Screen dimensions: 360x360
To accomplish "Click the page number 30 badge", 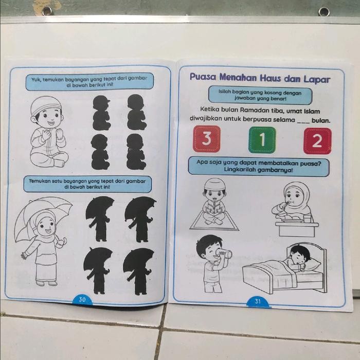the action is [x=82, y=299].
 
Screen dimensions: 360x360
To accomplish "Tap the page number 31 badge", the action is [x=258, y=301].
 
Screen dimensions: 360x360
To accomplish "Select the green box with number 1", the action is [x=262, y=139].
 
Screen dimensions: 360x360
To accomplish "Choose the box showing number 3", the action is [x=207, y=139].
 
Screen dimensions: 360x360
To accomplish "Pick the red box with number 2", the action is [x=317, y=141].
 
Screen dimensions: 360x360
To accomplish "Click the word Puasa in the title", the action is [x=203, y=77].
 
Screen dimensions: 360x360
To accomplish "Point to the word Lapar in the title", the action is [x=317, y=80].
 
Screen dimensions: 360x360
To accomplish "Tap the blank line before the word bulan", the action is [x=303, y=122].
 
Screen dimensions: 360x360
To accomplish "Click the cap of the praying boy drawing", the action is [x=46, y=104].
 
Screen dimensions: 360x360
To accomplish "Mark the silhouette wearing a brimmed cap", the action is [x=101, y=113].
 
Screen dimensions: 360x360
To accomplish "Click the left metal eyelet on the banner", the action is [x=47, y=11].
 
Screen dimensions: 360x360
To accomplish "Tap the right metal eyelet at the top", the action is [x=323, y=11].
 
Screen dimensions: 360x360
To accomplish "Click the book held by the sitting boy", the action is [x=214, y=209].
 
